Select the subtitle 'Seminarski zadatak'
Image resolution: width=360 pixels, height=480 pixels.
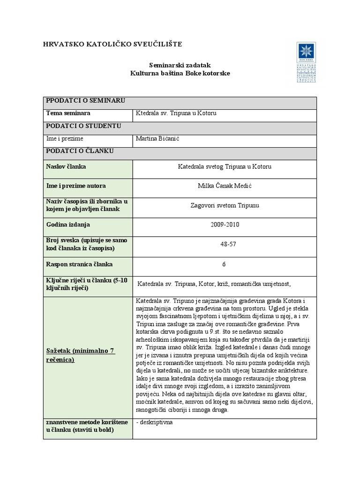coord(180,66)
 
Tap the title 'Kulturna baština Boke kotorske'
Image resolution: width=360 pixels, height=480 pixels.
coord(180,74)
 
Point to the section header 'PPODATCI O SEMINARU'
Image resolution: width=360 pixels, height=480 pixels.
coord(84,101)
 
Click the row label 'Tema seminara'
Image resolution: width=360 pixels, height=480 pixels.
coord(68,113)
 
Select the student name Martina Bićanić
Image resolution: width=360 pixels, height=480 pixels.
coord(158,139)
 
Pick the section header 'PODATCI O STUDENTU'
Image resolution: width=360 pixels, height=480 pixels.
coord(83,126)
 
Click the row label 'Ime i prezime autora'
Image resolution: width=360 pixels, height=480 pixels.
coord(76,186)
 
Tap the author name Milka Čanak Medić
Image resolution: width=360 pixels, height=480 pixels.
coord(225,186)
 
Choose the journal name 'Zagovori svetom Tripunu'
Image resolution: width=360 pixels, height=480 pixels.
coord(225,205)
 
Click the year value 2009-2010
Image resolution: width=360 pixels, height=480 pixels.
coord(225,225)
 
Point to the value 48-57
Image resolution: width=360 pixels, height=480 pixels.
coord(225,244)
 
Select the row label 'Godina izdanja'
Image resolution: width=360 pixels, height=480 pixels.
coord(68,225)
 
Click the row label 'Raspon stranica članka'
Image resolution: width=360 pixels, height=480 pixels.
coord(79,264)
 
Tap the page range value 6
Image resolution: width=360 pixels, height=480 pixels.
coord(225,264)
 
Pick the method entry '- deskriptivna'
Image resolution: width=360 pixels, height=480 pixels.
coord(154,422)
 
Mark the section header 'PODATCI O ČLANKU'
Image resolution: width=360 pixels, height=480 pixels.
coord(80,151)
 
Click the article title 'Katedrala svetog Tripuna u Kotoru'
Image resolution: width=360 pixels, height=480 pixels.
coord(225,166)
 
